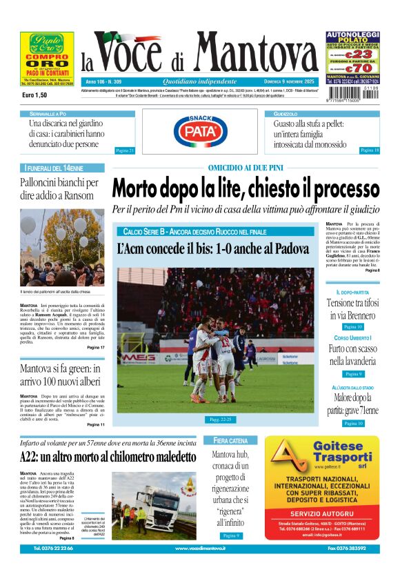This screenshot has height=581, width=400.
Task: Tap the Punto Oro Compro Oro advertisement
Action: (47, 60)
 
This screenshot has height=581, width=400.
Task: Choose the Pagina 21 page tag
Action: (125, 150)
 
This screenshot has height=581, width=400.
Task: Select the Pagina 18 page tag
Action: (369, 150)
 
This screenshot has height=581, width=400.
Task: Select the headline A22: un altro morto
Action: (108, 456)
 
